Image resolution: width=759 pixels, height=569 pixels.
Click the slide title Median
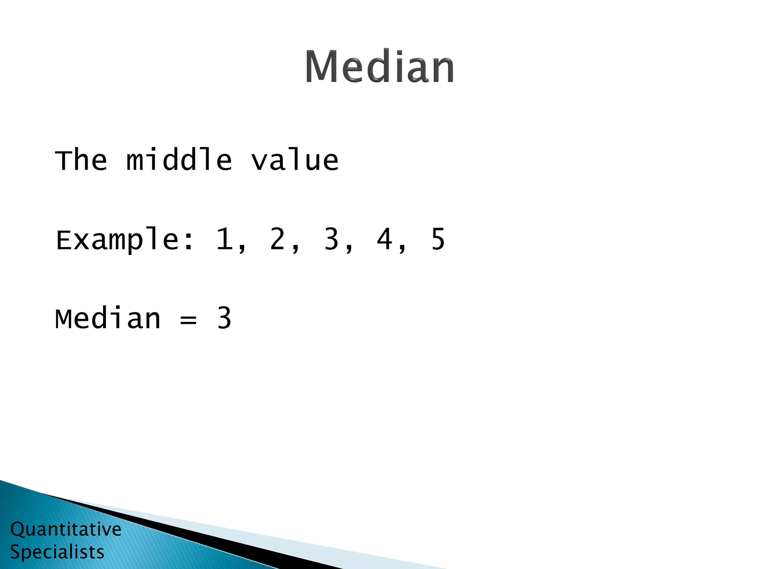379,67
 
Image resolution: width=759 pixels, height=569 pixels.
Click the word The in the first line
81,160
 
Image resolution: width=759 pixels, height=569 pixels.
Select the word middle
179,160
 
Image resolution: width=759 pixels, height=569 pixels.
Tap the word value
295,160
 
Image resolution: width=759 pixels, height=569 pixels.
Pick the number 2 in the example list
277,239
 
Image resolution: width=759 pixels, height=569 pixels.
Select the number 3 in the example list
331,239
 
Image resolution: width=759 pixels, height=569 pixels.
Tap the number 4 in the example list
384,239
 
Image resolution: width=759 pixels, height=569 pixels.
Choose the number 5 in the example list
438,239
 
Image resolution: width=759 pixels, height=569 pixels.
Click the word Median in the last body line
108,319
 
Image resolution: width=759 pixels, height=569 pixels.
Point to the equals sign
188,319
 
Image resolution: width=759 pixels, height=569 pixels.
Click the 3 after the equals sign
224,319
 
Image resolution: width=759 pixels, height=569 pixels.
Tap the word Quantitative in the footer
66,529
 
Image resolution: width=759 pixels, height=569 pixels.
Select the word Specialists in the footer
57,552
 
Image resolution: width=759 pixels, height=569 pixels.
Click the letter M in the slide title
321,67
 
